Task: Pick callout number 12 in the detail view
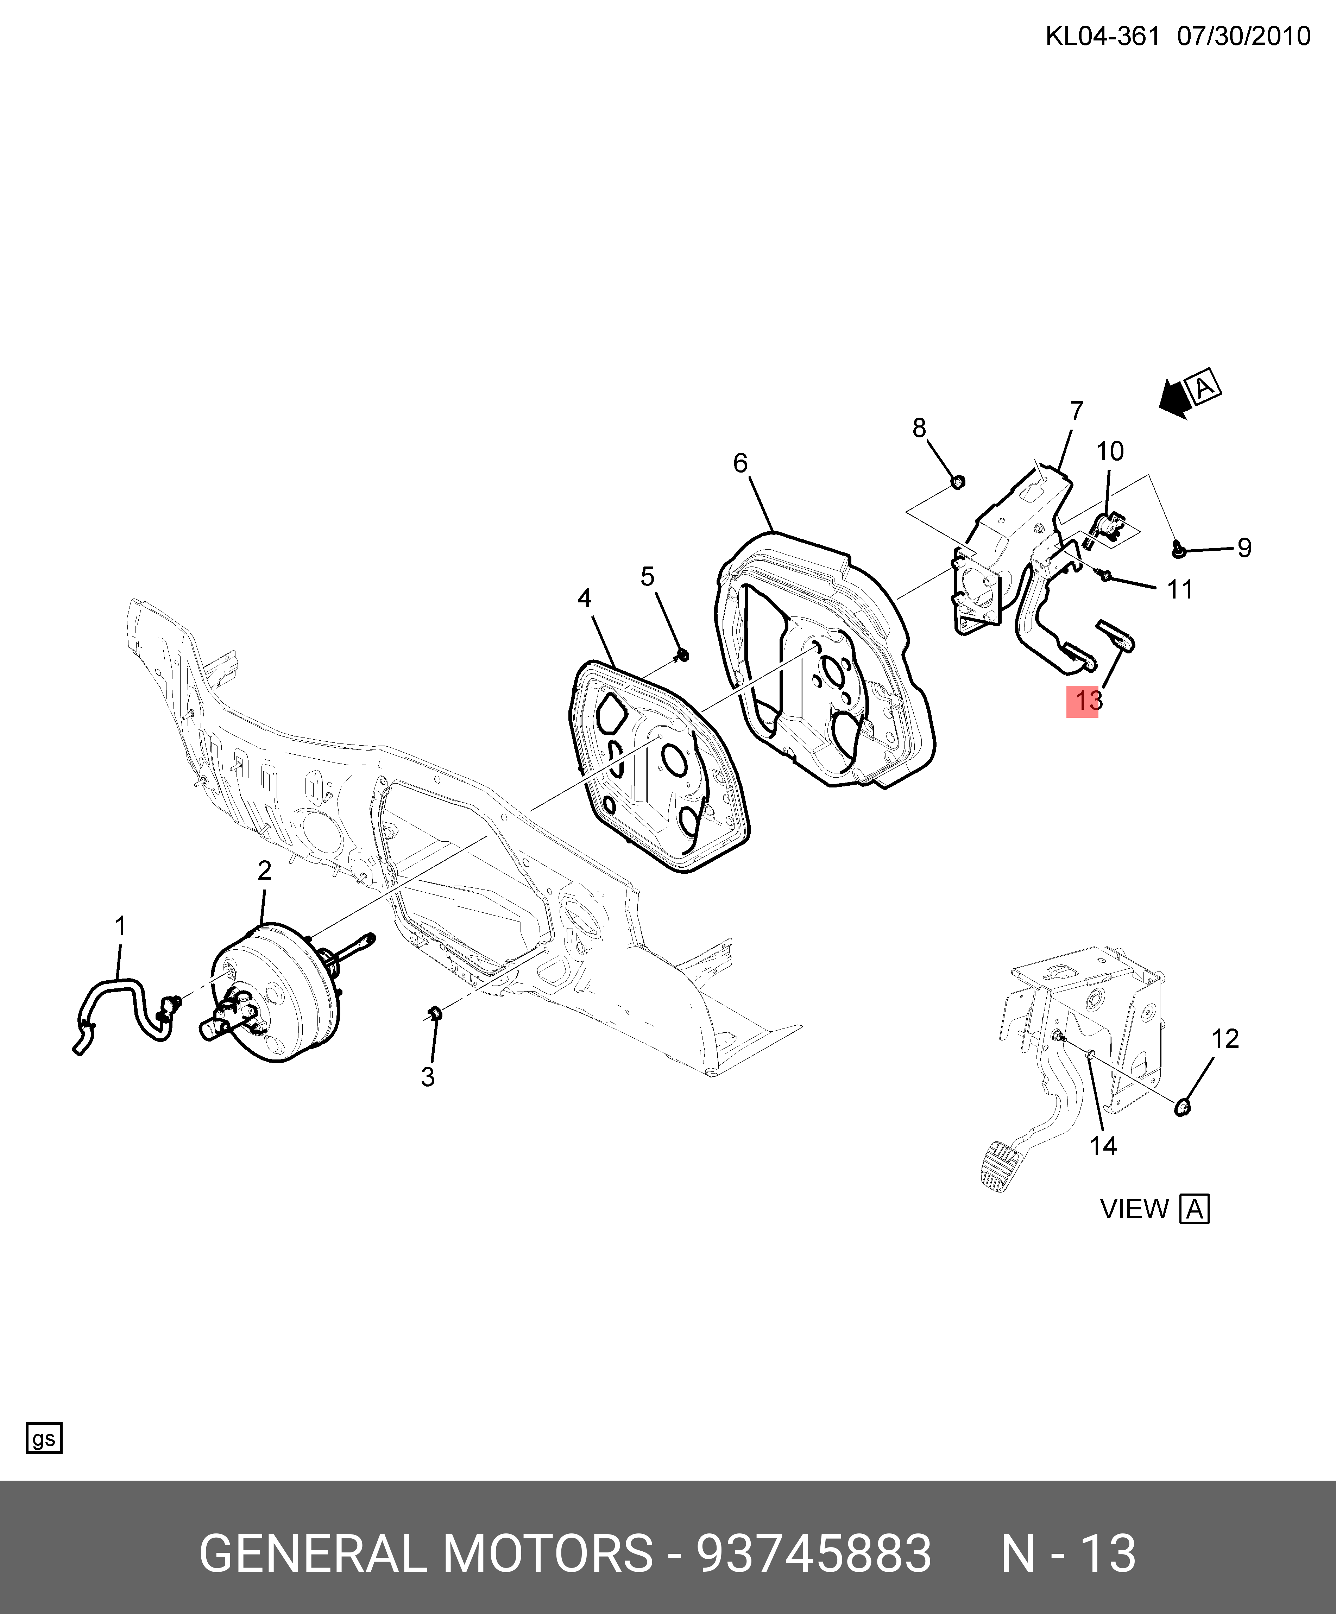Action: click(x=1225, y=1039)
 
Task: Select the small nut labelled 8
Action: click(x=957, y=482)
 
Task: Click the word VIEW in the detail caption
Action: click(x=1134, y=1209)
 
